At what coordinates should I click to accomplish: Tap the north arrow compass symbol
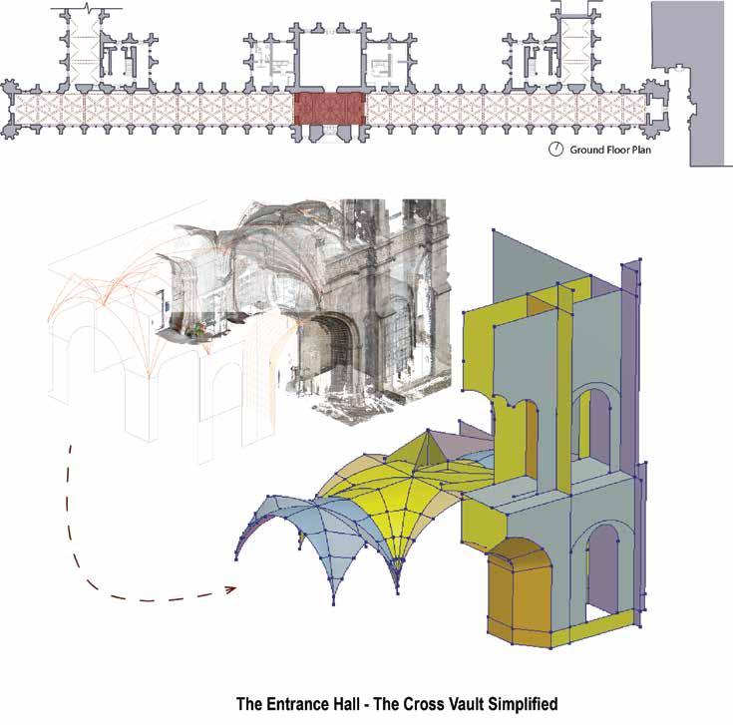coord(555,151)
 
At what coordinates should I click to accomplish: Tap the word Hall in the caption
coord(361,704)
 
